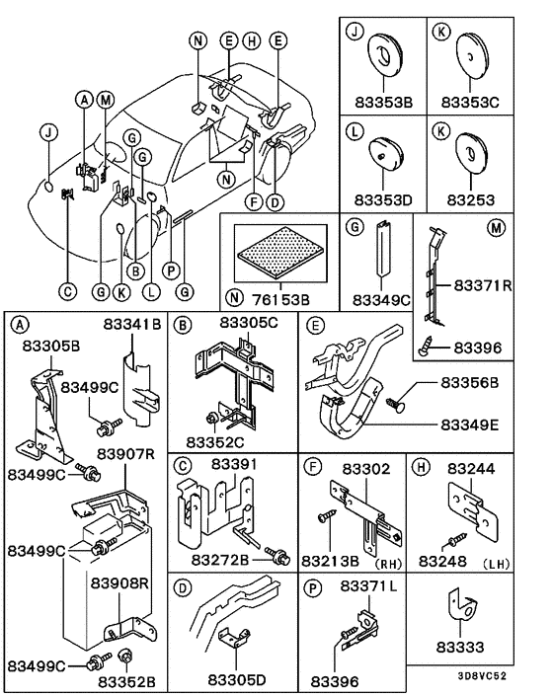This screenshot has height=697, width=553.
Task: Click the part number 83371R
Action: (x=483, y=284)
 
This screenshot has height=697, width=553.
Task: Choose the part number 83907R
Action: (x=123, y=455)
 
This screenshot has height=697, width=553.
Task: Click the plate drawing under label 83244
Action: (x=470, y=504)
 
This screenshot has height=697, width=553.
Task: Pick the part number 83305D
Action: (x=238, y=681)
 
